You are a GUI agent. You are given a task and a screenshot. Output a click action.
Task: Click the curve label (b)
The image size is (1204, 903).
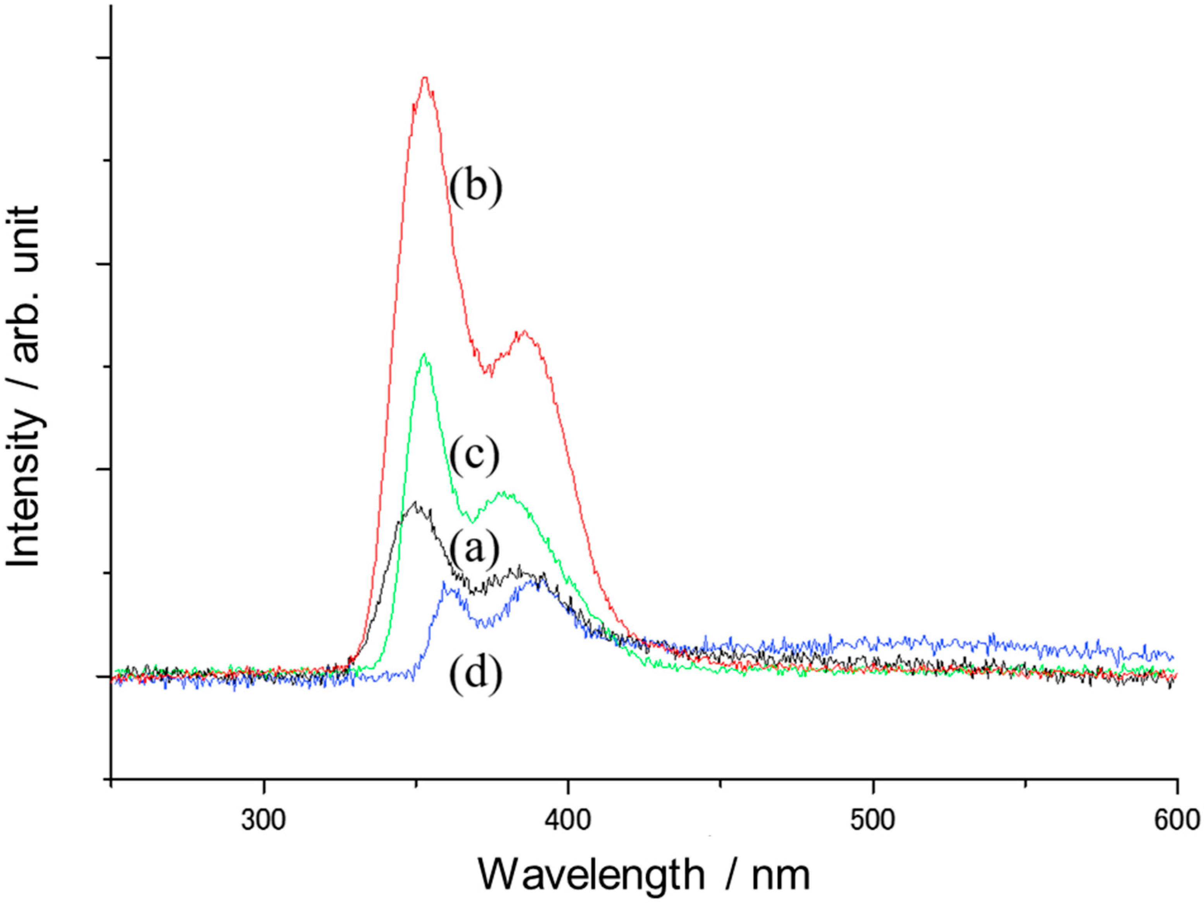click(x=475, y=187)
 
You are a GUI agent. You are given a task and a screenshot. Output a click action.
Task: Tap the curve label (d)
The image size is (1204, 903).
click(x=475, y=674)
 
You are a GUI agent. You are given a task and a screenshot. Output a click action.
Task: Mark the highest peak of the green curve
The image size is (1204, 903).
click(x=424, y=355)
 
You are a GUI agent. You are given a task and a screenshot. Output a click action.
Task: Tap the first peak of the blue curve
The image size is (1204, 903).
click(x=444, y=583)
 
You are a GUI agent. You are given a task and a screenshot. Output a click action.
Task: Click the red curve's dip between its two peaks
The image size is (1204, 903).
click(x=489, y=373)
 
